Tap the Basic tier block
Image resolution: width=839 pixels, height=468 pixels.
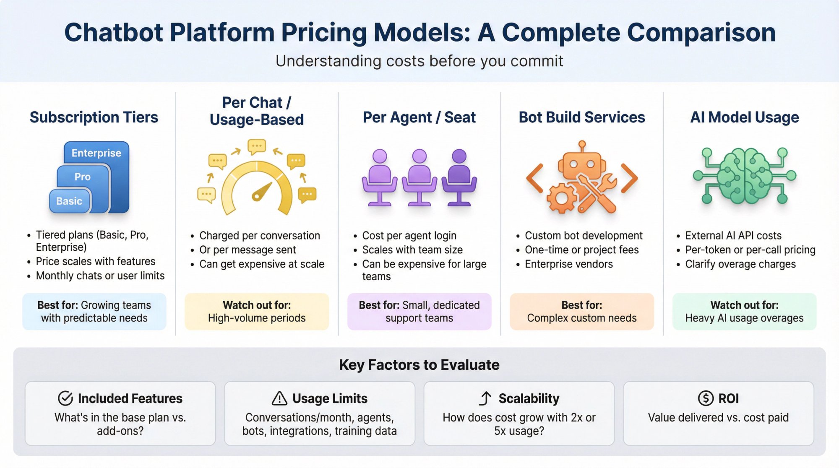70,201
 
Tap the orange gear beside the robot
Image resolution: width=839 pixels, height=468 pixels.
561,198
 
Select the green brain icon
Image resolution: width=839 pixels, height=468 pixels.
744,176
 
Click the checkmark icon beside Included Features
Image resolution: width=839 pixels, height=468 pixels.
65,398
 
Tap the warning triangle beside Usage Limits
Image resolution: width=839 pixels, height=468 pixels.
279,398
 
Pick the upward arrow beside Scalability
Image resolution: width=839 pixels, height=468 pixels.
485,398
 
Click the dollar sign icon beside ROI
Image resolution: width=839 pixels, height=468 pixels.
706,398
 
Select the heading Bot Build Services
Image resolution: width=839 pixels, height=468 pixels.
582,117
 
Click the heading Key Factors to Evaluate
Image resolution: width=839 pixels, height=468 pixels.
419,365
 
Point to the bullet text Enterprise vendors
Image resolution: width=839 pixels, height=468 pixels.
569,264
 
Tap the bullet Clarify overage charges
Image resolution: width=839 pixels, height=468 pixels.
740,264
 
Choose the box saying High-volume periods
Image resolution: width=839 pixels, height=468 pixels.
257,312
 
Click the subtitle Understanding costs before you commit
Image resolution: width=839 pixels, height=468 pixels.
419,61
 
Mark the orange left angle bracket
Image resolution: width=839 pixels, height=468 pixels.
535,178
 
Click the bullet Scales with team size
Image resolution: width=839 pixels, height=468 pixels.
412,250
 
